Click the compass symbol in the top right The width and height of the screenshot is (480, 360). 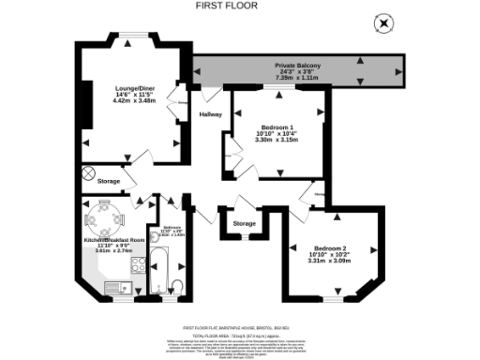(382, 22)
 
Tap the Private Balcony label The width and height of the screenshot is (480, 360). (298, 65)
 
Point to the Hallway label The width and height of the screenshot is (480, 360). (211, 114)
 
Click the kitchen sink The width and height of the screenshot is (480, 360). (114, 288)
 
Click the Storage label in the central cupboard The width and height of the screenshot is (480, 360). (244, 223)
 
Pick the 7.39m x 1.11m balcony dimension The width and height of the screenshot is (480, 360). (298, 79)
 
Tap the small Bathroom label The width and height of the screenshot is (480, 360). (172, 227)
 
